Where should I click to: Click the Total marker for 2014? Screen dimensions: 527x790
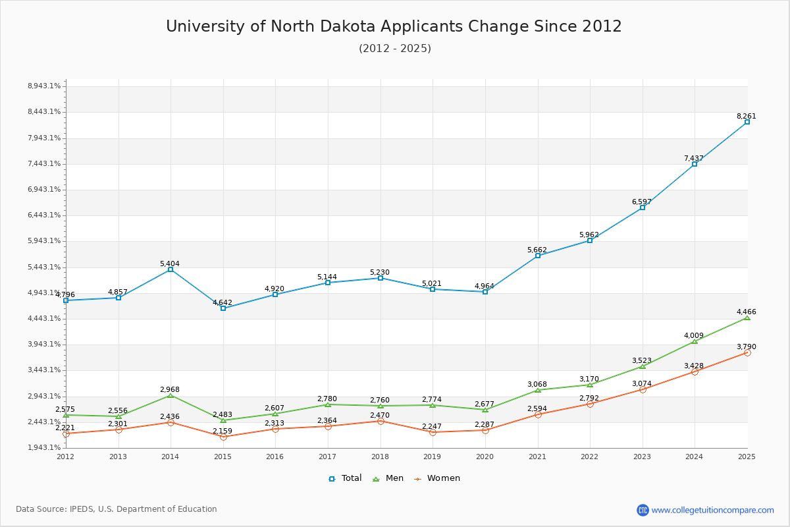[x=171, y=269]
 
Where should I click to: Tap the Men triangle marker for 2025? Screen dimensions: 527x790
[x=747, y=318]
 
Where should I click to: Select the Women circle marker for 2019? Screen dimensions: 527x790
[x=433, y=432]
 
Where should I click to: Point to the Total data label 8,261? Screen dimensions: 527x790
[x=747, y=116]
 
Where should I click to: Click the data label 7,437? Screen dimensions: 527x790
[x=694, y=158]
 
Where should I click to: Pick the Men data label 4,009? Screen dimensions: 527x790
[x=694, y=335]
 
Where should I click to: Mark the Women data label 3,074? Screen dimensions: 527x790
[x=642, y=383]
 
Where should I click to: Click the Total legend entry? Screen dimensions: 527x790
[x=346, y=478]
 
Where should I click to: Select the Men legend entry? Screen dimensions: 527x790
[x=389, y=478]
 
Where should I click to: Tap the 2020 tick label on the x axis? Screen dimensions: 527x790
[x=485, y=456]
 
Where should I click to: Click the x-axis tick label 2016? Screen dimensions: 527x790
[x=275, y=456]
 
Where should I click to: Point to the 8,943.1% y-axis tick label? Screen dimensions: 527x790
[x=44, y=86]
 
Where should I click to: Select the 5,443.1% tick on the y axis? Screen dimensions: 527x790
[x=44, y=267]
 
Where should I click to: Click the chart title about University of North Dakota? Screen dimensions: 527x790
[x=394, y=26]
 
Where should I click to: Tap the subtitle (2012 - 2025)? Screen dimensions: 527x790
[x=395, y=48]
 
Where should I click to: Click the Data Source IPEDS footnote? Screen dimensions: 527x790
[x=117, y=509]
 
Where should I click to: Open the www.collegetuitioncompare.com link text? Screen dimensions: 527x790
[x=713, y=510]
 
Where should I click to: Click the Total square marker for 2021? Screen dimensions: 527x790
[x=538, y=256]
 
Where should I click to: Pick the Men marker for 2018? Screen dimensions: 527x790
[x=381, y=406]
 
